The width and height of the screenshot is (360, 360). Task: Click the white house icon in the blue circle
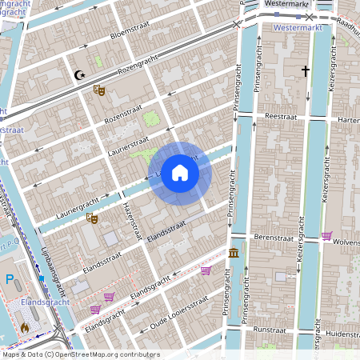(180, 173)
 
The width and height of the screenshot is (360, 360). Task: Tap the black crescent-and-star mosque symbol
(78, 75)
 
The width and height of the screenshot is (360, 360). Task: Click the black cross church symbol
(305, 72)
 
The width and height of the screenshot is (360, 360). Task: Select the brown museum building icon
(233, 254)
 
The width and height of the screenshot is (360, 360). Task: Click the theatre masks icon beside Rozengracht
(99, 90)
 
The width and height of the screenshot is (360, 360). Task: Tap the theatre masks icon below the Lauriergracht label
(92, 217)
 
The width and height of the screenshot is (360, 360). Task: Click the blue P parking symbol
(10, 280)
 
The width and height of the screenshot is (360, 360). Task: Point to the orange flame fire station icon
(25, 326)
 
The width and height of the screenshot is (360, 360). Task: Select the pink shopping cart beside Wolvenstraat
(326, 236)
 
